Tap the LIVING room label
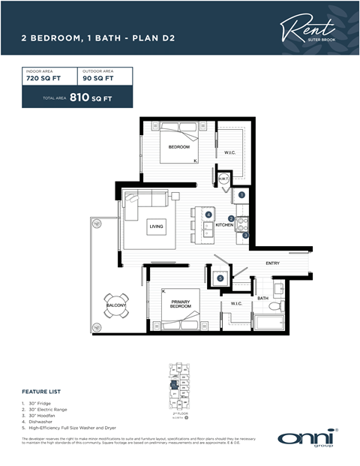[x=156, y=226]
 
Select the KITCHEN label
[x=225, y=225]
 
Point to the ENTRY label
[x=272, y=263]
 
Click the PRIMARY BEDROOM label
[x=180, y=304]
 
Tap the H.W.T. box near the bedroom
[x=223, y=179]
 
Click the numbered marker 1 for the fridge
[x=242, y=195]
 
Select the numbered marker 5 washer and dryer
[x=220, y=278]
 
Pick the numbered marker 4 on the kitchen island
[x=208, y=215]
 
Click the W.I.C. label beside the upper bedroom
[x=230, y=153]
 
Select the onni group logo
[x=307, y=438]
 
